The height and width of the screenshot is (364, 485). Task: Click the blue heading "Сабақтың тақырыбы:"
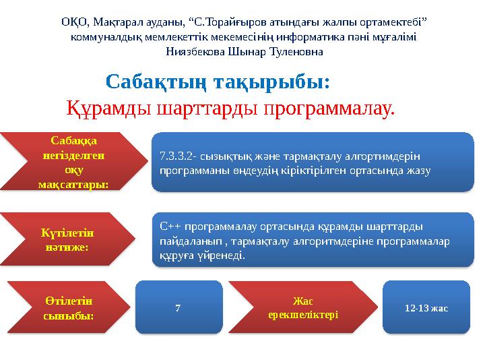pyautogui.click(x=218, y=83)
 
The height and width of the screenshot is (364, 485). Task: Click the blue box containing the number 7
pyautogui.click(x=178, y=308)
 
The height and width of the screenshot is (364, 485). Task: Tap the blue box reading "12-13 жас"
pyautogui.click(x=426, y=307)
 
